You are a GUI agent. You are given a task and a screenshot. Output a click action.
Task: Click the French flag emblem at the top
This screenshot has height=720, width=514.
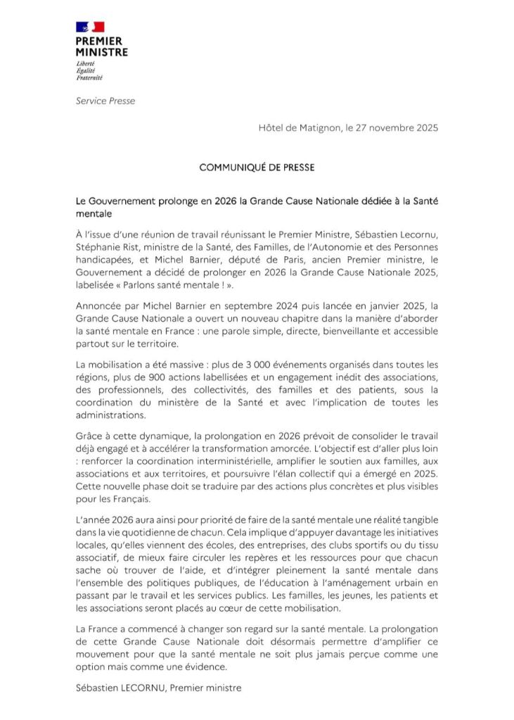click(89, 27)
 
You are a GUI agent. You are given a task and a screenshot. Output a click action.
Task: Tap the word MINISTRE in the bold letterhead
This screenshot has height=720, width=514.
click(102, 51)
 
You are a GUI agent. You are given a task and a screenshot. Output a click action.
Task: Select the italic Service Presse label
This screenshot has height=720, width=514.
click(105, 101)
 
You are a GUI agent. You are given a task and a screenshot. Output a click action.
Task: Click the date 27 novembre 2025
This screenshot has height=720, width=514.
click(397, 128)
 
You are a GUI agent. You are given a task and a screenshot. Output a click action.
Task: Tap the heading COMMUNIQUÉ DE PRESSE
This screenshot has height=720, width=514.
click(257, 168)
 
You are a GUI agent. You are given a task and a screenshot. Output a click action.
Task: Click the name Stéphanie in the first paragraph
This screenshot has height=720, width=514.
click(99, 248)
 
